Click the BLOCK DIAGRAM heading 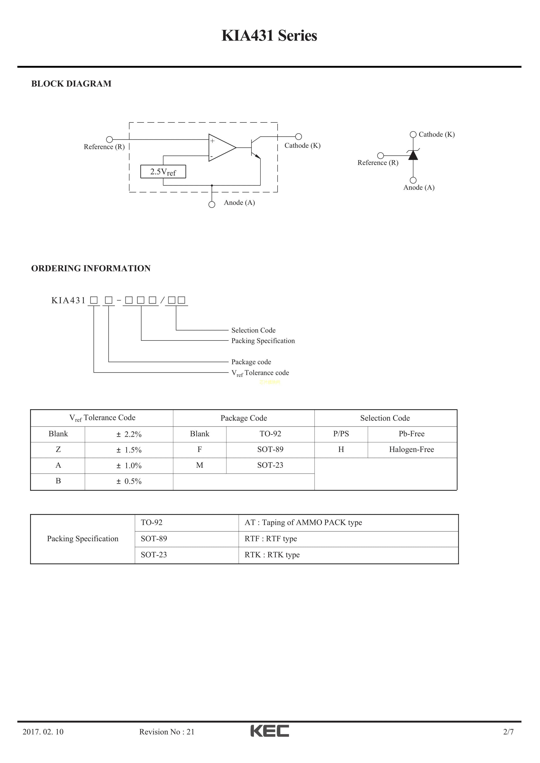(71, 84)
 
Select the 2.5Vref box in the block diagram (163, 172)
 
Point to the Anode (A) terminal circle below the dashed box (212, 204)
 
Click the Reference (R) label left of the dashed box (104, 147)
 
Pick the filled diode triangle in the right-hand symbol (413, 155)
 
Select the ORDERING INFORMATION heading (91, 269)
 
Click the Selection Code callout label (253, 330)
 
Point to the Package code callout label (251, 362)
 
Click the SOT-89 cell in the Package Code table (270, 450)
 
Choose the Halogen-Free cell (412, 450)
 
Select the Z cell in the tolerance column (58, 450)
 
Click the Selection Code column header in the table (385, 418)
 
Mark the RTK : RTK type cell (272, 555)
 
